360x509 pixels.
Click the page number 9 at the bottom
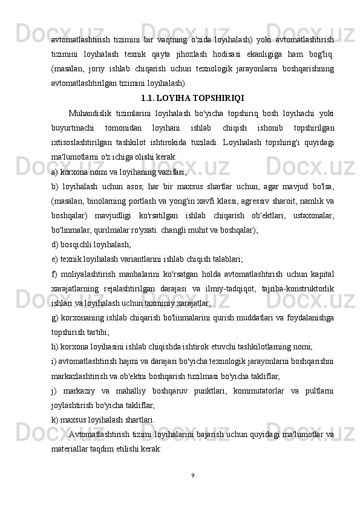192,474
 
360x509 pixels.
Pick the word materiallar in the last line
72,450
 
